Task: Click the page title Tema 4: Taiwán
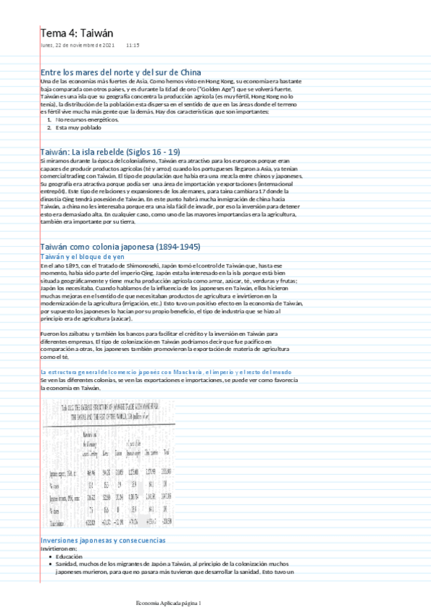76,33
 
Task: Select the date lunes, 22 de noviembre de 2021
78,45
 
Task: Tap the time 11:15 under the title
132,45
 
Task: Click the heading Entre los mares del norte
121,73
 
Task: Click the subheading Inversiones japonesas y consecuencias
103,540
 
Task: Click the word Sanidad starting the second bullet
67,564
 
